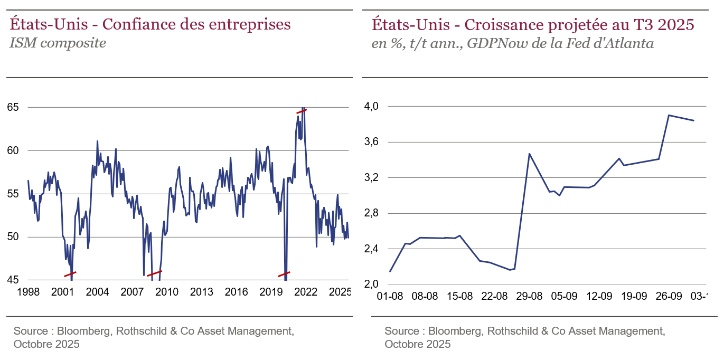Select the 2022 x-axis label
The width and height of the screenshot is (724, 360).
(306, 292)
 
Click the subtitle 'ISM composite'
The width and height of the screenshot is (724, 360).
(58, 43)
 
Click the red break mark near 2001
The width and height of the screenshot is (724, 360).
(70, 274)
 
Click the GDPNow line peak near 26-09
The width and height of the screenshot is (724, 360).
(669, 115)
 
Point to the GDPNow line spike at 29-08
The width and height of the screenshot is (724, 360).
(529, 154)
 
